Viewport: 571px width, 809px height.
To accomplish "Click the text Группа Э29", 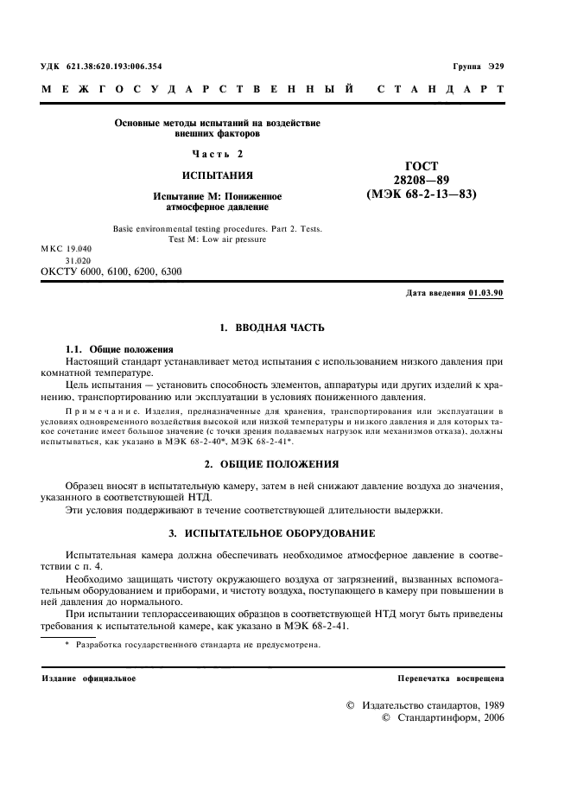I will [478, 67].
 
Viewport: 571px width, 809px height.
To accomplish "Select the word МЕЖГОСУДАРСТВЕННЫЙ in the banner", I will [199, 89].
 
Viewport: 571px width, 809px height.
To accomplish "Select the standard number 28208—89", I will [422, 180].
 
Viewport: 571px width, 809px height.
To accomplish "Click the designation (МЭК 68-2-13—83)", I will [422, 194].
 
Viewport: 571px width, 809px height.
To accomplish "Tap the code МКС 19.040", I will [71, 249].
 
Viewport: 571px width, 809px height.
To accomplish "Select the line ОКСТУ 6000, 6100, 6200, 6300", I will [111, 271].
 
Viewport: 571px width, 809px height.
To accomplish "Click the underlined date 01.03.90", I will [485, 293].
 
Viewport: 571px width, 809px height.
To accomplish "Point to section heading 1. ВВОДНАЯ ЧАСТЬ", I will [271, 329].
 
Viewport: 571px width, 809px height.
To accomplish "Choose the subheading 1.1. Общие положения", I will [119, 348].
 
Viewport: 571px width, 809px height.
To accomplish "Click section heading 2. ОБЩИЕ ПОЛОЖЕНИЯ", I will [271, 463].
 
